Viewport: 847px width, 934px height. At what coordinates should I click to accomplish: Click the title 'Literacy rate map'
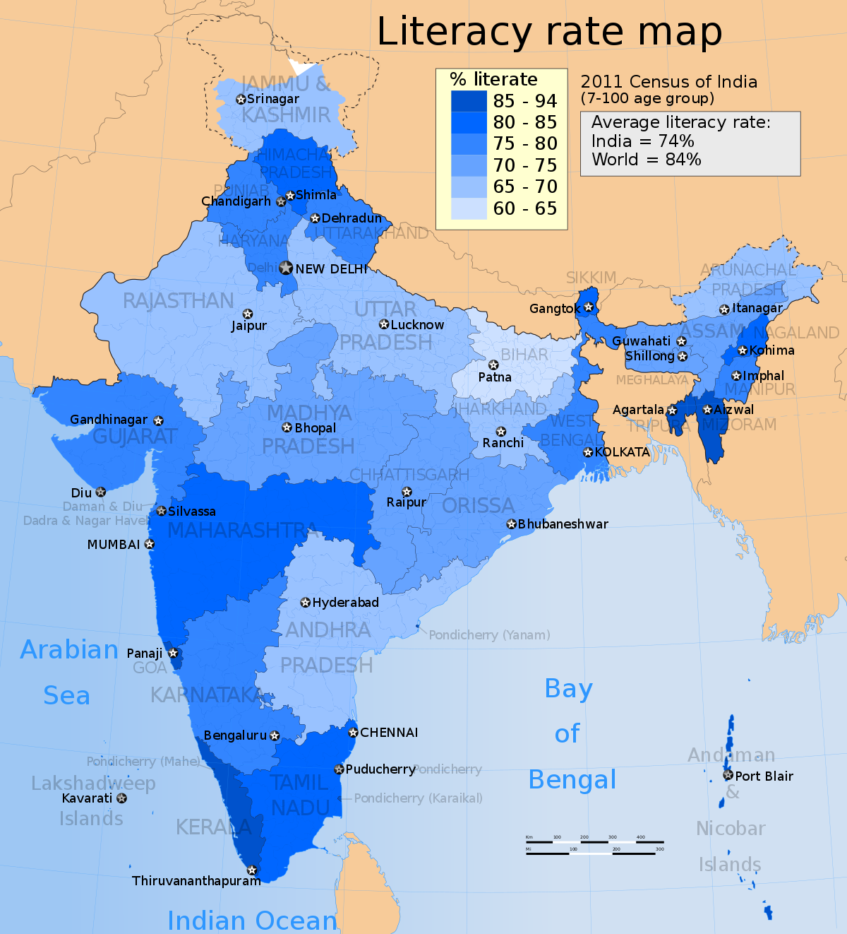(549, 32)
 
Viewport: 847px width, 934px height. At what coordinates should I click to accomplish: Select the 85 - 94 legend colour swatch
(469, 101)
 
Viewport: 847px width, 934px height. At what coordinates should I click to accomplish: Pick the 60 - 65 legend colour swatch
(469, 208)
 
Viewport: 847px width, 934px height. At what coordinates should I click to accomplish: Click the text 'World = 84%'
(646, 160)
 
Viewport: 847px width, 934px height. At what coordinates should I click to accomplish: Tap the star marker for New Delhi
(286, 268)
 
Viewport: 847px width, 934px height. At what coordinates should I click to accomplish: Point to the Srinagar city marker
(241, 100)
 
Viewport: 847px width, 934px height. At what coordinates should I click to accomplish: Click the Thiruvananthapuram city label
(196, 881)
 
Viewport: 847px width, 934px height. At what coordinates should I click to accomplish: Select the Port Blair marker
(728, 775)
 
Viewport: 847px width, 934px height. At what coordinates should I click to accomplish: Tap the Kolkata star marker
(588, 452)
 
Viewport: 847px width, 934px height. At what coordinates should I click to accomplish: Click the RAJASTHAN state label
(178, 301)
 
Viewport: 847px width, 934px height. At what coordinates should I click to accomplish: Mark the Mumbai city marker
(150, 544)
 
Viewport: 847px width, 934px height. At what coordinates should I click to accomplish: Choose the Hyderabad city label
(345, 603)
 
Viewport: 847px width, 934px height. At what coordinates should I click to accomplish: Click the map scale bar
(594, 846)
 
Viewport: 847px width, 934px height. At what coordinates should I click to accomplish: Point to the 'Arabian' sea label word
(69, 649)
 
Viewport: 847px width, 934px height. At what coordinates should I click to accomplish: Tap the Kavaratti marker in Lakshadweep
(122, 798)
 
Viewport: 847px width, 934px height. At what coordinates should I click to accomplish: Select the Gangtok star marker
(589, 307)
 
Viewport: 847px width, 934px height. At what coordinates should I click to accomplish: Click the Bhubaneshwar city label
(563, 524)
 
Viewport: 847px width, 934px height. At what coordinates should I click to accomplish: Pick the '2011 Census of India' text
(668, 82)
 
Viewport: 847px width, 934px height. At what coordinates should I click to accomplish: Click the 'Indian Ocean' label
(252, 920)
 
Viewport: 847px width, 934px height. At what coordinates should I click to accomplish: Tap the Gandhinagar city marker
(158, 421)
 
